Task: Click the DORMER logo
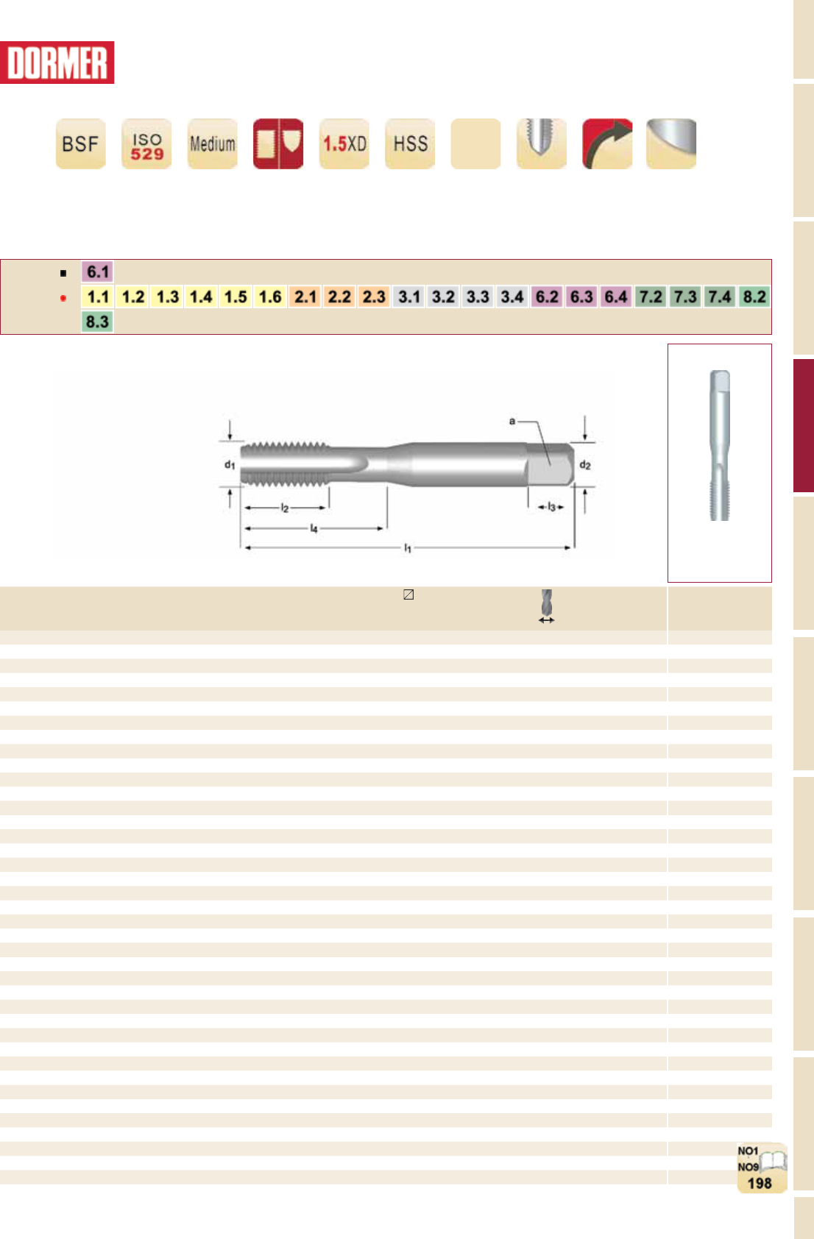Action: pos(57,63)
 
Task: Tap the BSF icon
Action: pos(81,143)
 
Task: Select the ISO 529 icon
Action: pos(146,143)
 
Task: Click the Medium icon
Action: pos(213,143)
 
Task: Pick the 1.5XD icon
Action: pos(344,143)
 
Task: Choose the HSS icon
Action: pos(410,143)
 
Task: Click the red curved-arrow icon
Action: pos(607,143)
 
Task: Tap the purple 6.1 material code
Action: pos(97,271)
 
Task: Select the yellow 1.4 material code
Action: pos(201,297)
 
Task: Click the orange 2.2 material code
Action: pos(339,297)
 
